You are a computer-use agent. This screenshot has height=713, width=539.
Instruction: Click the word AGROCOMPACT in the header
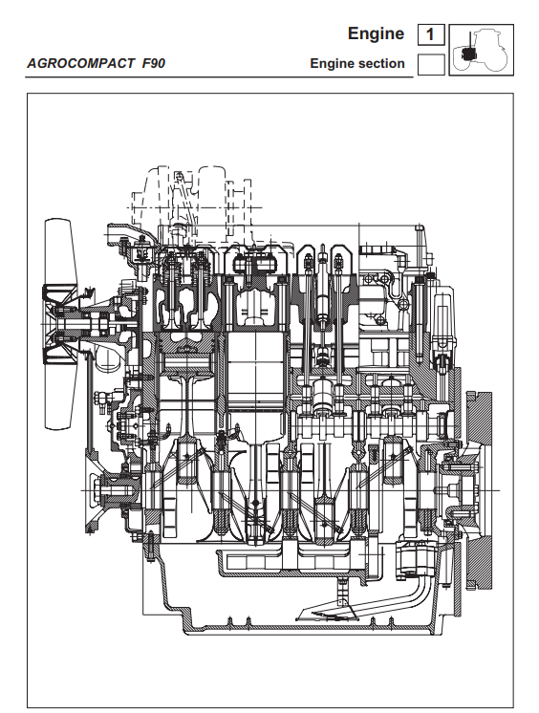point(80,63)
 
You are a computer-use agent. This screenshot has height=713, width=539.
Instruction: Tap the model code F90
point(153,63)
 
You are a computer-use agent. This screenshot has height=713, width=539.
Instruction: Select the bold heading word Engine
point(376,33)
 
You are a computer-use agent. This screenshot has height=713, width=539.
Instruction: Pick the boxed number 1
point(431,34)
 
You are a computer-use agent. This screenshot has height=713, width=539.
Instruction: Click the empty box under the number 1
point(431,64)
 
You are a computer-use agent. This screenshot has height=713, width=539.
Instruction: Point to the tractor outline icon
point(482,50)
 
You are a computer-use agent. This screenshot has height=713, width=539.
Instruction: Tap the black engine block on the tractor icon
point(467,54)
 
